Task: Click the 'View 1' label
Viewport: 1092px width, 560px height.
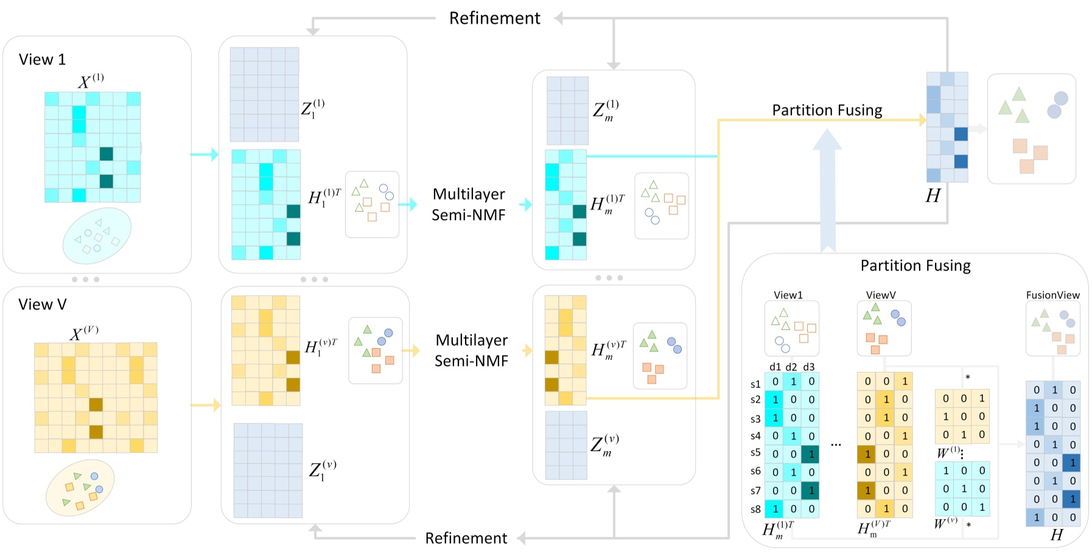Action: click(x=42, y=60)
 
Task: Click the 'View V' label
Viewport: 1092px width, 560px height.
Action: click(x=42, y=305)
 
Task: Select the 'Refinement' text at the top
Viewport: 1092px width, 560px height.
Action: click(x=494, y=19)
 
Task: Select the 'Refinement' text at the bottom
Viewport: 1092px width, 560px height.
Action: click(x=466, y=539)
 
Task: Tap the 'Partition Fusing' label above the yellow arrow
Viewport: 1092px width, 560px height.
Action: click(x=827, y=110)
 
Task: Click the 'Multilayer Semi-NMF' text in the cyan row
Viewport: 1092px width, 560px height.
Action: click(x=469, y=205)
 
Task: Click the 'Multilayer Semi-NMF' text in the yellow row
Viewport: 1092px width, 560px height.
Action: click(x=471, y=350)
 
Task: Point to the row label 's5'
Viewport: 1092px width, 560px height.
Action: click(x=755, y=453)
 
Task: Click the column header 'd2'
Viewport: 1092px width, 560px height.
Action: click(x=791, y=367)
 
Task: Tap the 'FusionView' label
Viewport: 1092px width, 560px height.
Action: click(x=1052, y=295)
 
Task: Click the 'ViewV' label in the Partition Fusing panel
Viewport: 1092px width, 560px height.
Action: click(x=880, y=295)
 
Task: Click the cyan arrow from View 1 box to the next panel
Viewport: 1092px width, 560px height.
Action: click(x=205, y=154)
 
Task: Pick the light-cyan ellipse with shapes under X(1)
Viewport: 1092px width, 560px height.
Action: click(x=97, y=236)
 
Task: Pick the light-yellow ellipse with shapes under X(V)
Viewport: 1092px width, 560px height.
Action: click(x=80, y=487)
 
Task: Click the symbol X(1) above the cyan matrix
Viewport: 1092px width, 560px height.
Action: click(x=91, y=81)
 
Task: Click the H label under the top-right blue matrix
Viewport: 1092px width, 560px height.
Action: click(x=933, y=196)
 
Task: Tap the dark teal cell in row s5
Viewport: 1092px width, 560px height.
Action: click(x=810, y=454)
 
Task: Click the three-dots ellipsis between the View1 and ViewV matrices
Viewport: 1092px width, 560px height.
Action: click(x=836, y=445)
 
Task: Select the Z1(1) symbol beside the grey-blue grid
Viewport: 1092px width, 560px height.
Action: click(x=313, y=108)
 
